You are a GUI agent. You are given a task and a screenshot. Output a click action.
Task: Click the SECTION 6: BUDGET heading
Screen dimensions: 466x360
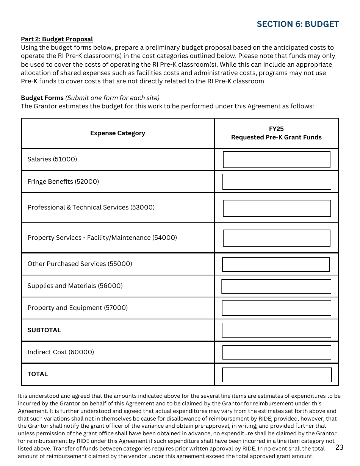click(297, 24)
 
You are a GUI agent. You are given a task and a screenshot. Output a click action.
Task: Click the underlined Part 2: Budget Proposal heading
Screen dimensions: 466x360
click(57, 39)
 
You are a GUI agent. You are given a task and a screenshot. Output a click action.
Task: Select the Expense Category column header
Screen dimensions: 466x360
click(117, 133)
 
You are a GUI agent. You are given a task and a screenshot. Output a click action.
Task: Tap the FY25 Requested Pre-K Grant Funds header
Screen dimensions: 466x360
click(276, 133)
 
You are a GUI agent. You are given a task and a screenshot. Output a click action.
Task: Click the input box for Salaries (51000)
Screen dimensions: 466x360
click(276, 160)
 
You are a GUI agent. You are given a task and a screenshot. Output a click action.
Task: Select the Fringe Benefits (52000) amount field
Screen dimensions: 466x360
click(276, 182)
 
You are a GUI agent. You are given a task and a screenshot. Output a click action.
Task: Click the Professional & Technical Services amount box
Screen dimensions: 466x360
click(276, 208)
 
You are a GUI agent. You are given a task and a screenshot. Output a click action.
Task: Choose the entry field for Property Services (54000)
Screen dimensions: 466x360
click(276, 238)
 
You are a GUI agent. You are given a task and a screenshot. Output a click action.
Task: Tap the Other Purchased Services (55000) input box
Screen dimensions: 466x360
click(275, 264)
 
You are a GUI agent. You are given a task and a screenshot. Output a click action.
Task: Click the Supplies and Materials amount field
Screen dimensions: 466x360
click(276, 286)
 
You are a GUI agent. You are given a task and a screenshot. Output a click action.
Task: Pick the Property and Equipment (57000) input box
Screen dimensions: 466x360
click(276, 308)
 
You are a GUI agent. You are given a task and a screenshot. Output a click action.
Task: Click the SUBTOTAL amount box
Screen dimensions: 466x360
click(276, 330)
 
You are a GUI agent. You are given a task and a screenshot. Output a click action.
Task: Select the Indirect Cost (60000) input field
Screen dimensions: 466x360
click(276, 352)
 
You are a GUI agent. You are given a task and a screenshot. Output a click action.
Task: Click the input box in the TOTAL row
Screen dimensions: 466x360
click(276, 375)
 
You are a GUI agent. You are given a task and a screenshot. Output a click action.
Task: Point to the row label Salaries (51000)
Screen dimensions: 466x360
click(52, 160)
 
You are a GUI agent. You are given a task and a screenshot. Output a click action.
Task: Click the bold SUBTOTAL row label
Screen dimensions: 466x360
click(44, 330)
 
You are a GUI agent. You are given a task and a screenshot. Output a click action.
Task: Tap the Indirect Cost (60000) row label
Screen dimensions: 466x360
click(61, 352)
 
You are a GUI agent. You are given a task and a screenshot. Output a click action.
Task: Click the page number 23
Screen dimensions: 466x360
click(339, 447)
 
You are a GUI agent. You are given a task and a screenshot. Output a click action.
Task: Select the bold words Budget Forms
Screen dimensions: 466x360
click(42, 98)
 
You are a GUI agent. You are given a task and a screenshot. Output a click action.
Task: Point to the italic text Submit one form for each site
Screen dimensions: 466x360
click(113, 98)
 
